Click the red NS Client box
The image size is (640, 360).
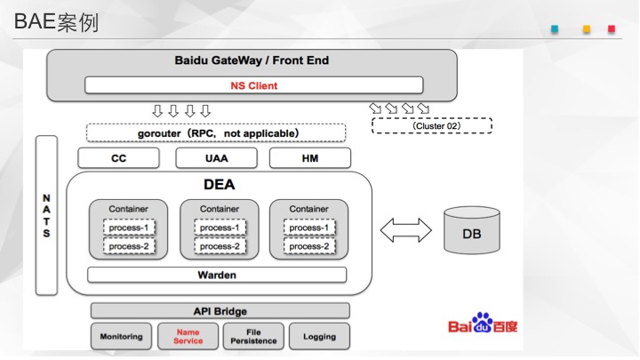point(254,85)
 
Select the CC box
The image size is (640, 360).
point(118,158)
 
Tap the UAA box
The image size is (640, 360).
point(216,158)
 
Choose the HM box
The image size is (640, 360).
point(310,158)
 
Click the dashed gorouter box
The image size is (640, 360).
point(216,133)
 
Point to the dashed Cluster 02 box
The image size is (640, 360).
point(432,125)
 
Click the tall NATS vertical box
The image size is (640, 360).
point(46,215)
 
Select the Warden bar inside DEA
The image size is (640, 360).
point(217,275)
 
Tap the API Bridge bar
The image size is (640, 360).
point(220,311)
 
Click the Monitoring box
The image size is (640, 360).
point(121,336)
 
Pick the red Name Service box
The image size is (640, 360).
point(188,336)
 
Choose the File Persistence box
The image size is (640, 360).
point(253,336)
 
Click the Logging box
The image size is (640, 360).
point(320,336)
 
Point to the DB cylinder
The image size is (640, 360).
point(472,230)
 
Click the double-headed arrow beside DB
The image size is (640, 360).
point(405,230)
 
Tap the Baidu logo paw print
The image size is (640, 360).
point(483,322)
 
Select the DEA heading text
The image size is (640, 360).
point(220,185)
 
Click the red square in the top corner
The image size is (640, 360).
point(612,29)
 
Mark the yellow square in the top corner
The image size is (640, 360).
point(587,29)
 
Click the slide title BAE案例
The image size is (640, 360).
point(56,21)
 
